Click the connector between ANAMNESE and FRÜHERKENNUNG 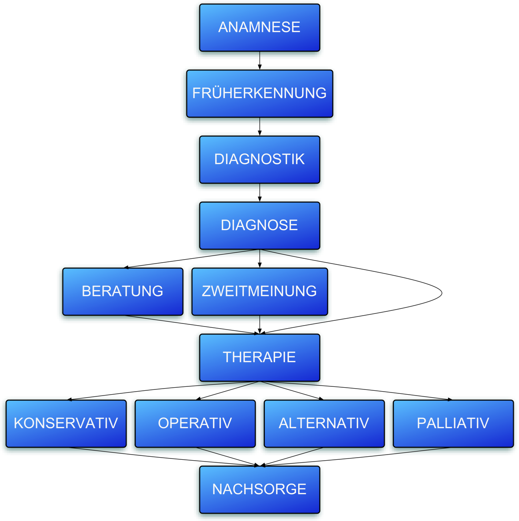point(260,60)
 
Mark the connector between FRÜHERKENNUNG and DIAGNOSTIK point(260,126)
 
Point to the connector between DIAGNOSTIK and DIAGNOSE point(260,192)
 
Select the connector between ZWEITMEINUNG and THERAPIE point(260,324)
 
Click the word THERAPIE point(259,357)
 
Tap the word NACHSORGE point(259,489)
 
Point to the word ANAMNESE point(259,27)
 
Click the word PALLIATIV point(453,423)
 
